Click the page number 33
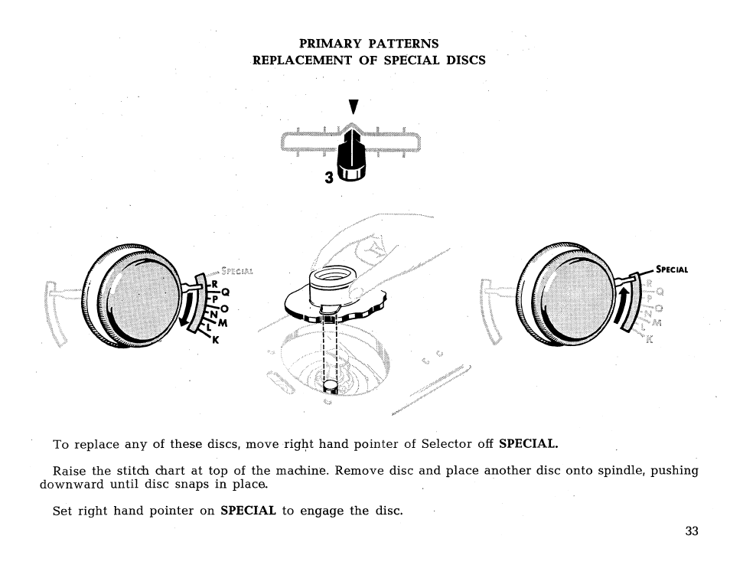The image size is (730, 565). click(692, 531)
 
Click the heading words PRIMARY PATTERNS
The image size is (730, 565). click(368, 44)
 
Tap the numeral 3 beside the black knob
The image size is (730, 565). click(328, 178)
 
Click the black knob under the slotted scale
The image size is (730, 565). click(353, 158)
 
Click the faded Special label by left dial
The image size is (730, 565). click(236, 269)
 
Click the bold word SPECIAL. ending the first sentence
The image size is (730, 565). click(528, 443)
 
